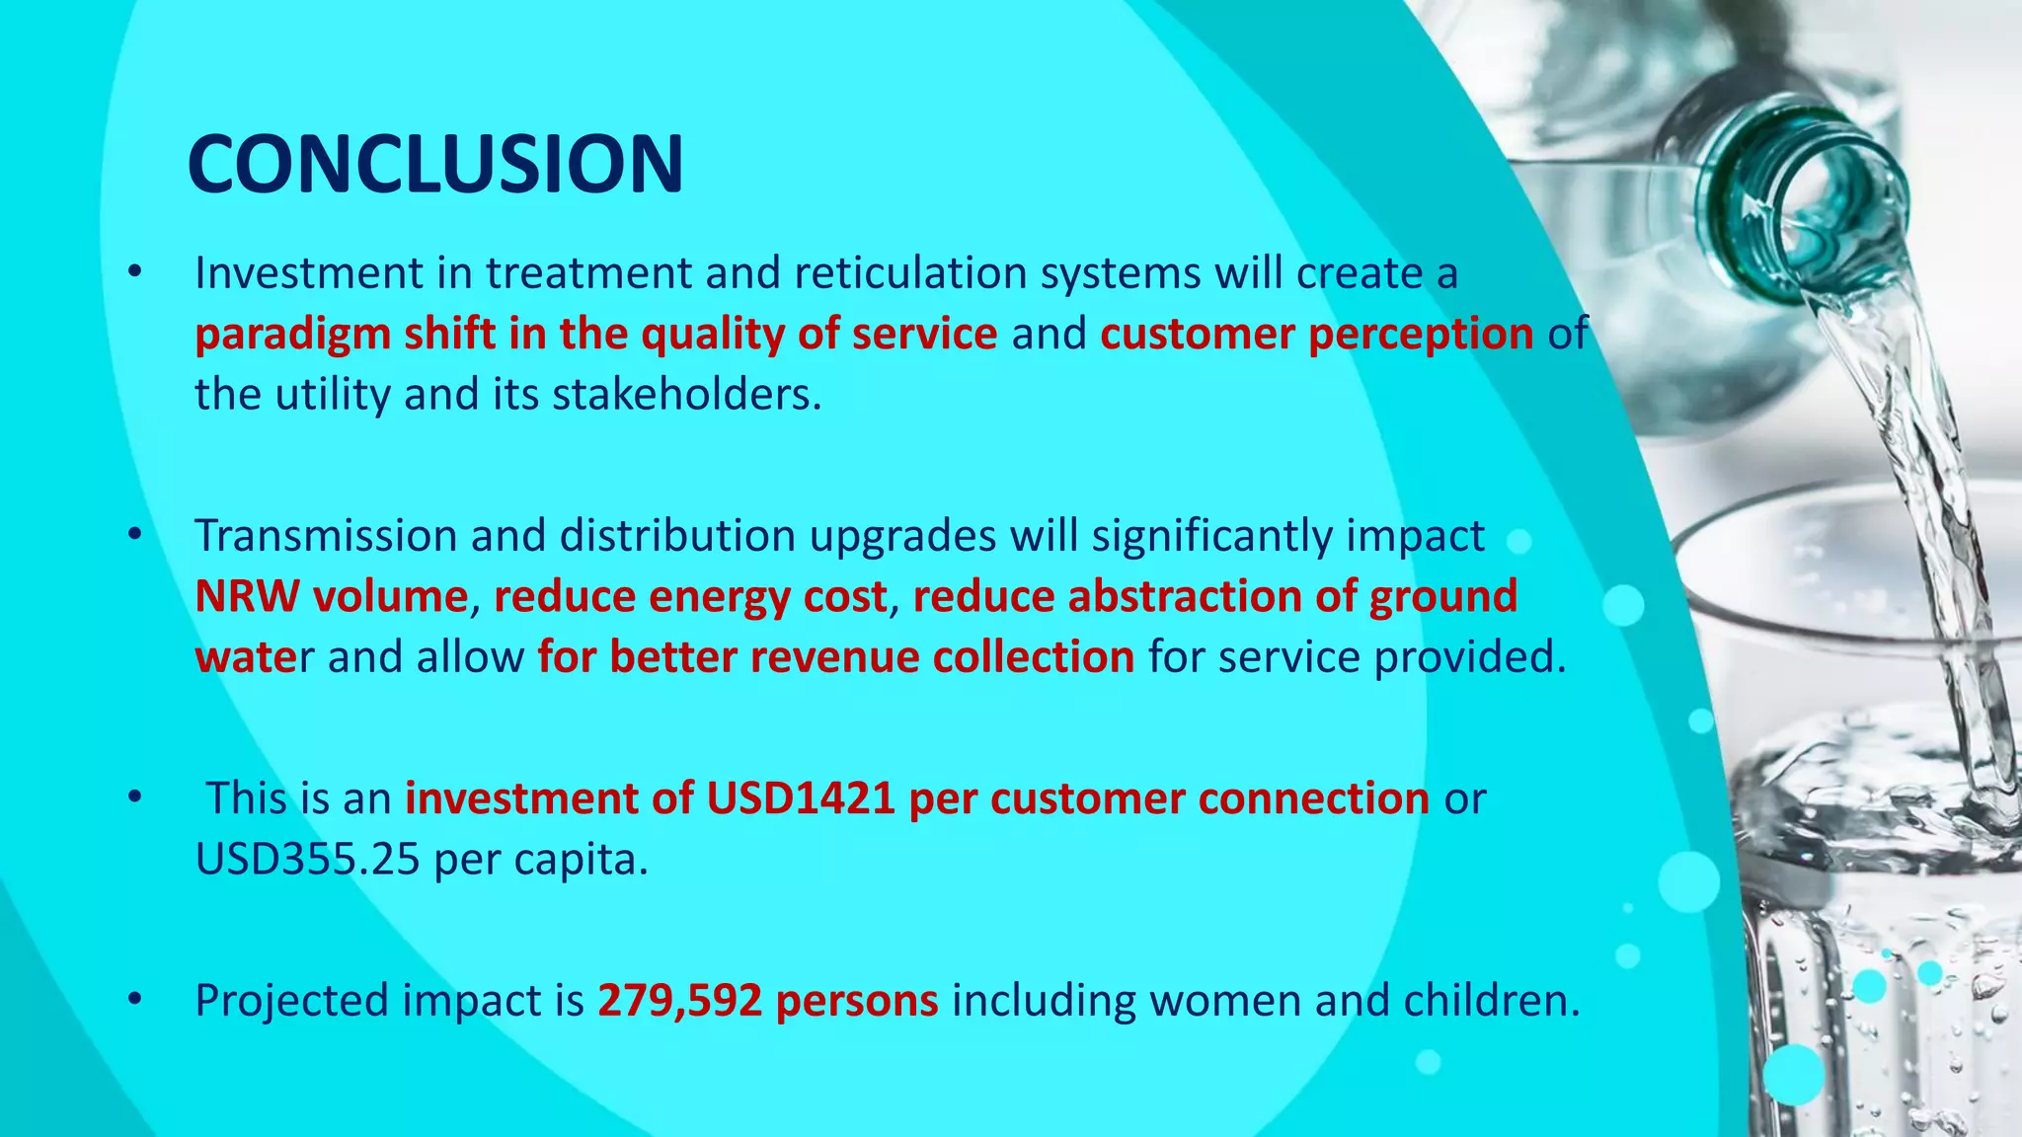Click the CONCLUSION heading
click(434, 164)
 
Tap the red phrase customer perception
click(1316, 335)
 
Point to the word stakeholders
click(685, 395)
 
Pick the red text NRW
click(247, 597)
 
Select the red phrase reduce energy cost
click(690, 597)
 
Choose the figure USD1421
click(801, 798)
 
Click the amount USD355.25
click(307, 860)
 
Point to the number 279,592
click(679, 1001)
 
